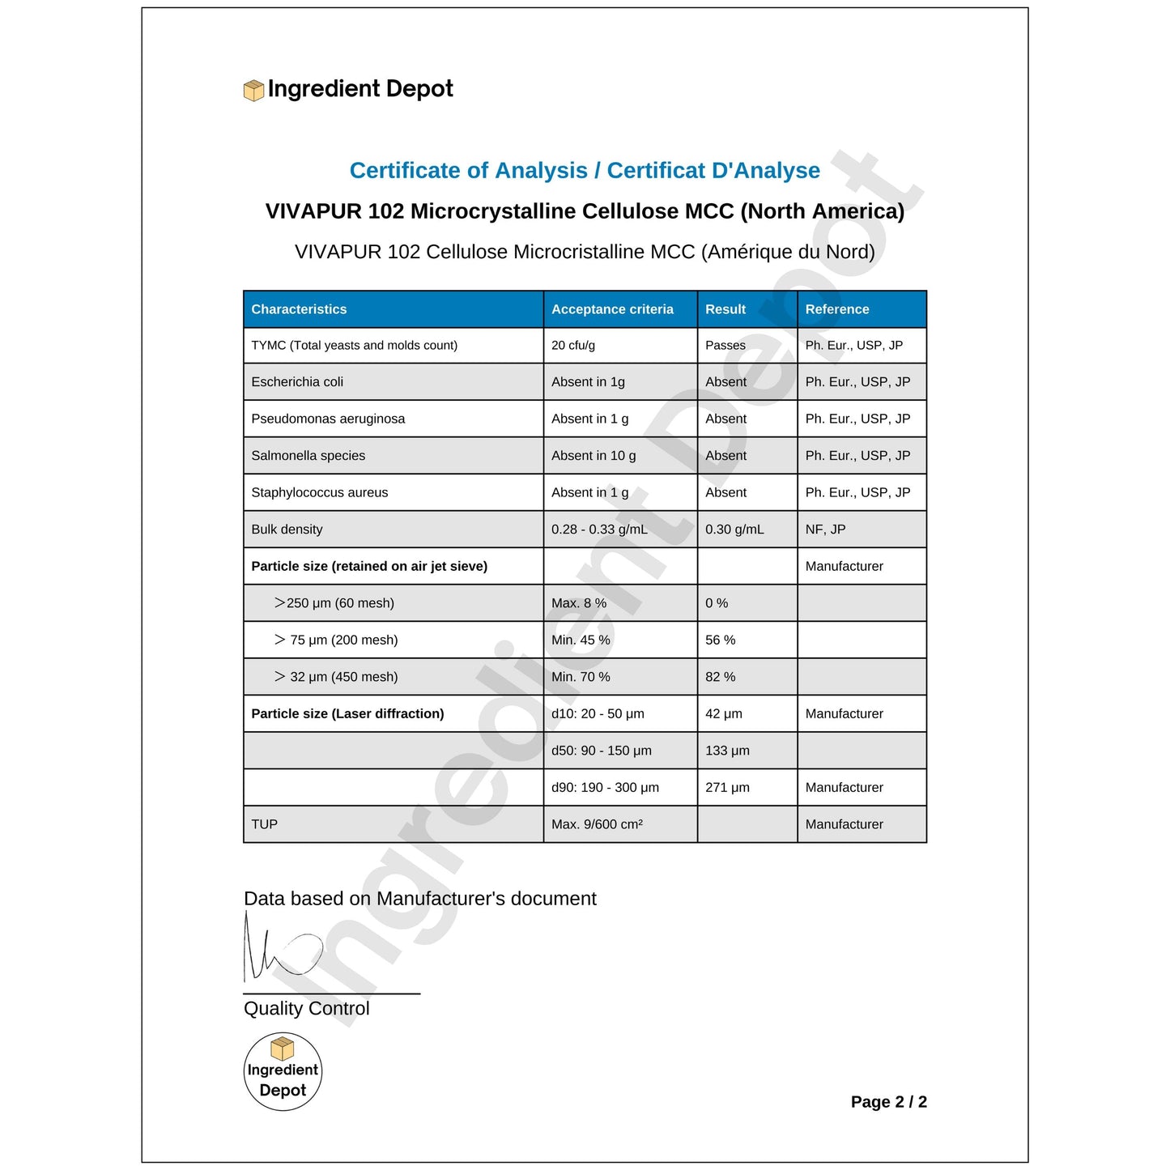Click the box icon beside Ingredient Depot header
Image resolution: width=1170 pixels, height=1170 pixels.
point(253,90)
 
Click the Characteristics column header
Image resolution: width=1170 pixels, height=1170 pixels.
point(299,309)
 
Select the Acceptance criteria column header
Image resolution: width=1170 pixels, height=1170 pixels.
point(612,309)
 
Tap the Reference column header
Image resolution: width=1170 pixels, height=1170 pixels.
point(836,309)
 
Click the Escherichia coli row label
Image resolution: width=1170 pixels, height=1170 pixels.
point(297,382)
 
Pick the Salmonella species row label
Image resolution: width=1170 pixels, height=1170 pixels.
point(308,456)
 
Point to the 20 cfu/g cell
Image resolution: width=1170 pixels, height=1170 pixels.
point(573,346)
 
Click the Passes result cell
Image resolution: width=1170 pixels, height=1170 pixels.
point(725,346)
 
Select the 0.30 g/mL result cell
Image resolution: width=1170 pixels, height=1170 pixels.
point(734,530)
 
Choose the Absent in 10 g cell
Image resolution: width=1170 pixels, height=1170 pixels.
point(594,456)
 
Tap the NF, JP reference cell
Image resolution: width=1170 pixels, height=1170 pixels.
point(825,530)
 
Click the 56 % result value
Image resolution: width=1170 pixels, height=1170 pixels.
point(720,640)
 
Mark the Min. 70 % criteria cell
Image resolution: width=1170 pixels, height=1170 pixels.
point(581,677)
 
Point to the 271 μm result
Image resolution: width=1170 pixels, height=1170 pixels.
point(727,788)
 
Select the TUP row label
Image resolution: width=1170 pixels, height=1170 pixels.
point(264,824)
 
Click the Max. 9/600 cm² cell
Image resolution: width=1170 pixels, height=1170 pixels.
point(597,824)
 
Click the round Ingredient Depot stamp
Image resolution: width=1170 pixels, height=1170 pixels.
point(283,1071)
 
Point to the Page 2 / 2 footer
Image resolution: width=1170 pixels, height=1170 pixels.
point(888,1102)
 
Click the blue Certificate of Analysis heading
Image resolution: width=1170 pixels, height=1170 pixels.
point(585,171)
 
